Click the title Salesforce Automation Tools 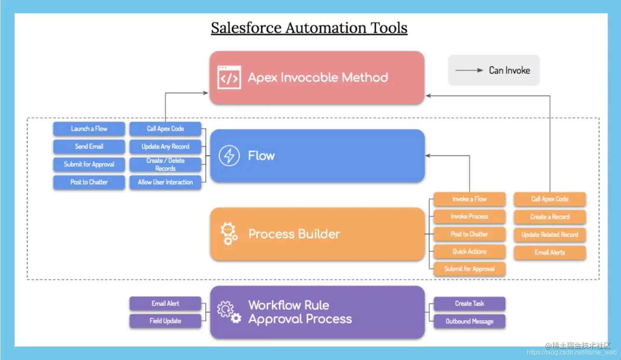click(x=309, y=28)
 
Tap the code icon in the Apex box click(x=229, y=77)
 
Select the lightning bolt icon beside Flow click(x=229, y=156)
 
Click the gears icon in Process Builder click(x=229, y=234)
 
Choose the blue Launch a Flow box click(x=89, y=129)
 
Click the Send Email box click(x=89, y=147)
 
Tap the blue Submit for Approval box click(x=89, y=164)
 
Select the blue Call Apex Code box click(x=165, y=129)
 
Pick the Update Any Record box click(x=165, y=147)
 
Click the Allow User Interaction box click(x=165, y=182)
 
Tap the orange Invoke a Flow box click(x=469, y=199)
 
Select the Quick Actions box click(x=469, y=251)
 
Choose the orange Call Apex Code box click(x=550, y=199)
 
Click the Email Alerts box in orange click(x=550, y=252)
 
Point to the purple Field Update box click(x=165, y=321)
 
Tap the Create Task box click(x=469, y=304)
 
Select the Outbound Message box click(x=469, y=321)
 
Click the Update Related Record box click(x=550, y=235)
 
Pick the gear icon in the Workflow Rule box click(x=229, y=312)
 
